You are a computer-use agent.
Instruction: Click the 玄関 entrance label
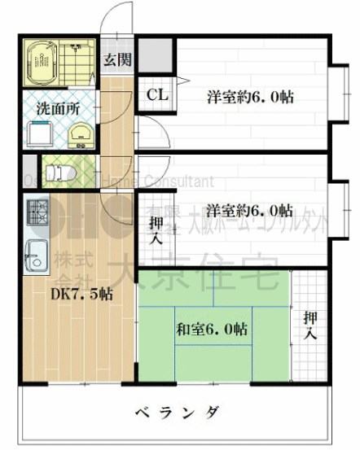(116, 59)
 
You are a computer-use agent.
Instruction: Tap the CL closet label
(157, 94)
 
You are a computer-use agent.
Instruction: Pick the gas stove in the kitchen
(37, 216)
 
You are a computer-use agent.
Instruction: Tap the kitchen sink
(36, 253)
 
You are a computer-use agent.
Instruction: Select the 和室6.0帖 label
(212, 329)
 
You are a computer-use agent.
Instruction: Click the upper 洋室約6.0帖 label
(249, 98)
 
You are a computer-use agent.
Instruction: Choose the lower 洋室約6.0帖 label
(249, 207)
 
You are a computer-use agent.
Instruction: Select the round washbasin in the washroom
(78, 133)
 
